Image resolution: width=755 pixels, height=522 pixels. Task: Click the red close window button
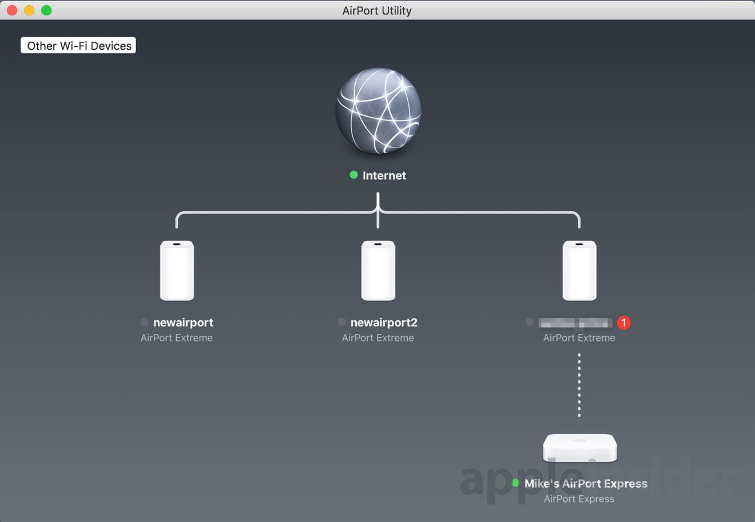pyautogui.click(x=12, y=10)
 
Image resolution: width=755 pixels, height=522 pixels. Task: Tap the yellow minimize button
pyautogui.click(x=29, y=10)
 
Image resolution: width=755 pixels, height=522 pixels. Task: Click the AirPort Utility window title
pyautogui.click(x=377, y=10)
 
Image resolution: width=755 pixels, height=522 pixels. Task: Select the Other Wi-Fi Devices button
pyautogui.click(x=78, y=46)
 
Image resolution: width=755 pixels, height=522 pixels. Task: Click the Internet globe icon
pyautogui.click(x=378, y=111)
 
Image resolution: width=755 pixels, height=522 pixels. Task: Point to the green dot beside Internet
pyautogui.click(x=353, y=175)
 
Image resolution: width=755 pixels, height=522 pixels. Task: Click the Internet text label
pyautogui.click(x=384, y=176)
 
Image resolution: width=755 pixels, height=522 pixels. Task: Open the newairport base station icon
pyautogui.click(x=177, y=270)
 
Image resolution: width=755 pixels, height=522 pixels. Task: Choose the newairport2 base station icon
pyautogui.click(x=378, y=270)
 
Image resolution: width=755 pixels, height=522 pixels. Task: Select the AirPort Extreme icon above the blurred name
pyautogui.click(x=579, y=270)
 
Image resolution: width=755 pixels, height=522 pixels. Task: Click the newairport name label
pyautogui.click(x=183, y=322)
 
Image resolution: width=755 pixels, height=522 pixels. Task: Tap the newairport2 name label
pyautogui.click(x=384, y=322)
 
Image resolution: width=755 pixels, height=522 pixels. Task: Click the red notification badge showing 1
pyautogui.click(x=623, y=322)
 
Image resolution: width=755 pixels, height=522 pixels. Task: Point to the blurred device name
pyautogui.click(x=575, y=322)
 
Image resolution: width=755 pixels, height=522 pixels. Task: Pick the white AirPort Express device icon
pyautogui.click(x=579, y=448)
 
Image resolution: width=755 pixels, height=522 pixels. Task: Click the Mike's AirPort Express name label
pyautogui.click(x=586, y=484)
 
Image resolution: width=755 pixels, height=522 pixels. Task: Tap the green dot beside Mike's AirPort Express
pyautogui.click(x=515, y=483)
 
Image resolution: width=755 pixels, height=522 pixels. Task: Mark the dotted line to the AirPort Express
pyautogui.click(x=579, y=385)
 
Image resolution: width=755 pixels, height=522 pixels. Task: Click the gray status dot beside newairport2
pyautogui.click(x=341, y=322)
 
